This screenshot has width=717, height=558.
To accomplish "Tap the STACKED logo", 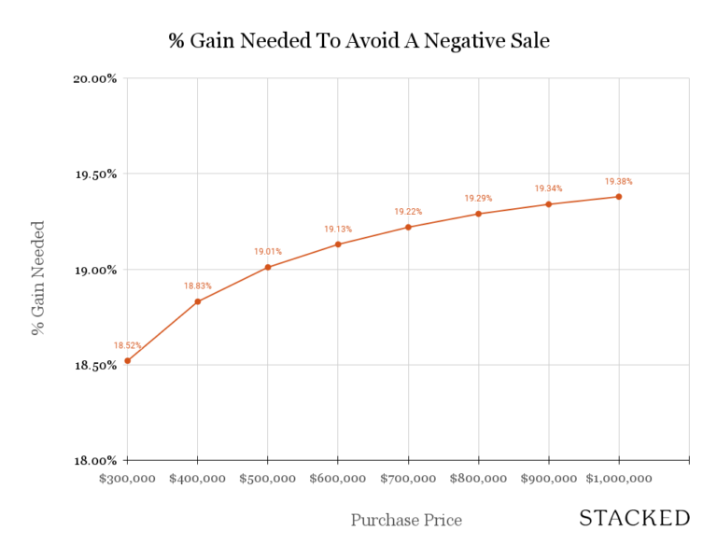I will click(634, 519).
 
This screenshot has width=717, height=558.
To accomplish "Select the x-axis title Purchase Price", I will click(406, 520).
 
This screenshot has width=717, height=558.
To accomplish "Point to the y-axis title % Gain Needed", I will click(38, 278).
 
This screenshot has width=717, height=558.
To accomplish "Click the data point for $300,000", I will click(128, 360).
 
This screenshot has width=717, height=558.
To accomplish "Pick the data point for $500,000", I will click(268, 267).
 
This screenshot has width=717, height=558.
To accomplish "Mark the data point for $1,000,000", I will click(618, 196).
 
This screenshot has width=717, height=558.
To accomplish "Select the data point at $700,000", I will click(408, 227).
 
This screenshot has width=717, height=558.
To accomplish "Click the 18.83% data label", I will click(198, 286).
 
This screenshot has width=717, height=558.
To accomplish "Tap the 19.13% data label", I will click(338, 229).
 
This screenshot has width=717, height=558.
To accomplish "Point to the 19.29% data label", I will click(478, 198).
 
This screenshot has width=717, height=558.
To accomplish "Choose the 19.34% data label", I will click(548, 188).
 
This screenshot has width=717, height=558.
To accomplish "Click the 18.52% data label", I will click(128, 345).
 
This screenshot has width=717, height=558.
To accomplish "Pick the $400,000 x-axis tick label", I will click(198, 478).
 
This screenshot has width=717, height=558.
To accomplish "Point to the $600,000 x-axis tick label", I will click(338, 478).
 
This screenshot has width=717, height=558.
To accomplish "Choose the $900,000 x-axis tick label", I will click(548, 478).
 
